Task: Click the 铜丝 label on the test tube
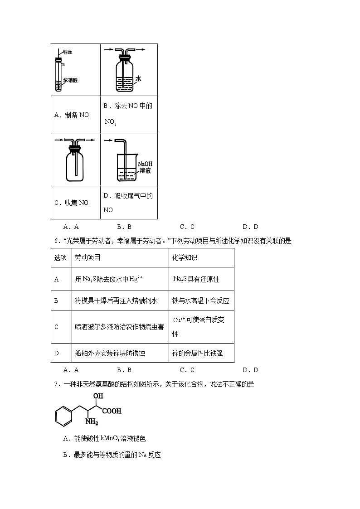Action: coord(68,52)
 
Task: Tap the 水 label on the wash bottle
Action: coord(138,79)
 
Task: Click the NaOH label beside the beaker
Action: coord(145,164)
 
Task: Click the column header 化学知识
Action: coord(185,257)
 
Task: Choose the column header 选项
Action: coord(61,257)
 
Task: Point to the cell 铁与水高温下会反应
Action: coord(201,301)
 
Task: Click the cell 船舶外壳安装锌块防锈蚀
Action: coord(110,353)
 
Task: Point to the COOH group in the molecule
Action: coord(112,412)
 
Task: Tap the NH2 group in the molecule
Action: coord(92,423)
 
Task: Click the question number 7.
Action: coord(56,384)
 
